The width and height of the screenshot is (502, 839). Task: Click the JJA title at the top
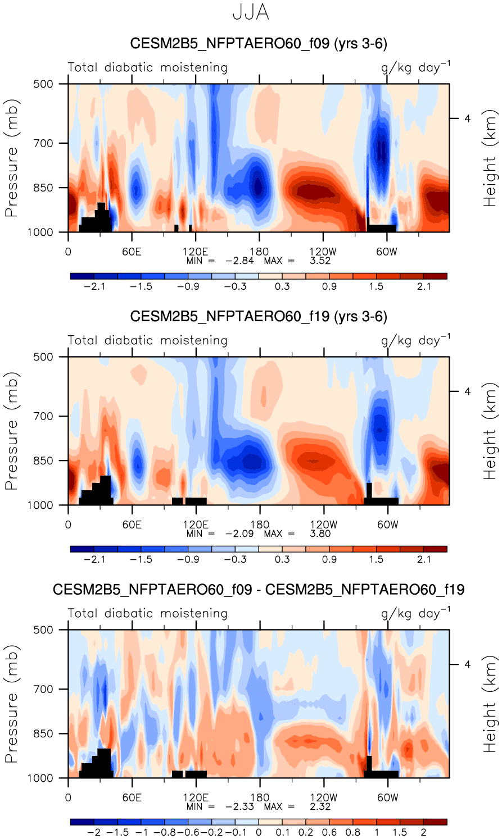coord(251,12)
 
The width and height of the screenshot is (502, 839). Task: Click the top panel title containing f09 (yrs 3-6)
coord(259,44)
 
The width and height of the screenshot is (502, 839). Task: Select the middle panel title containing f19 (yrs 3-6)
coord(259,317)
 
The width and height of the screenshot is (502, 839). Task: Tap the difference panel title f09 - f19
coord(259,590)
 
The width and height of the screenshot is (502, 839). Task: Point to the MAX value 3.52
coord(320,261)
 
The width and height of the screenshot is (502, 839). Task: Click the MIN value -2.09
coord(239,534)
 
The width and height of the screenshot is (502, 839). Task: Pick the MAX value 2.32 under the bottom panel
coord(320,806)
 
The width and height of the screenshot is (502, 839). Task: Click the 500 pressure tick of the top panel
coord(43,84)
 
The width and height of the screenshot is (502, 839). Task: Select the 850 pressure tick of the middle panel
coord(43,461)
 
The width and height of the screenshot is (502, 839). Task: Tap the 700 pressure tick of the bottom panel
coord(43,689)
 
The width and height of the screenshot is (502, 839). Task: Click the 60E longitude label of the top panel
coord(132,252)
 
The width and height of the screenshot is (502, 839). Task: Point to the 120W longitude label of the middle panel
coord(323,525)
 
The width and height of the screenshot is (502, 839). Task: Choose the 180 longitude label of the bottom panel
coord(259,797)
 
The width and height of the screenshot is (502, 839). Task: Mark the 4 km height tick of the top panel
coord(467,118)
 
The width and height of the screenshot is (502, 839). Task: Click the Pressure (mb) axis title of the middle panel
coord(11,431)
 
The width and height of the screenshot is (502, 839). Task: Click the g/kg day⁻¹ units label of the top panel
coord(415,67)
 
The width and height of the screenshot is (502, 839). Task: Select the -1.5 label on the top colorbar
coord(141,286)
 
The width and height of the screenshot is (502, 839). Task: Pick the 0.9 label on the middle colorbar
coord(329,559)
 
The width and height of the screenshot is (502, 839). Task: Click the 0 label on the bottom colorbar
coord(259,832)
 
